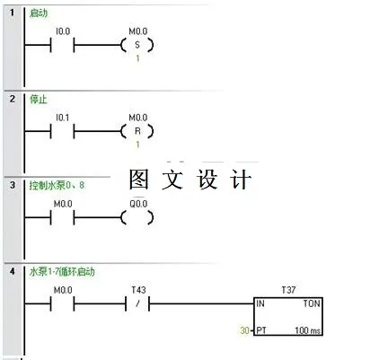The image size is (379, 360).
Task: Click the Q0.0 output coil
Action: [x=137, y=217]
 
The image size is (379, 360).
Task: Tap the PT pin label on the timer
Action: [x=262, y=331]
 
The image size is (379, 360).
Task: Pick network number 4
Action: [x=13, y=270]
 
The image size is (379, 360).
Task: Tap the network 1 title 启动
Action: [x=39, y=13]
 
